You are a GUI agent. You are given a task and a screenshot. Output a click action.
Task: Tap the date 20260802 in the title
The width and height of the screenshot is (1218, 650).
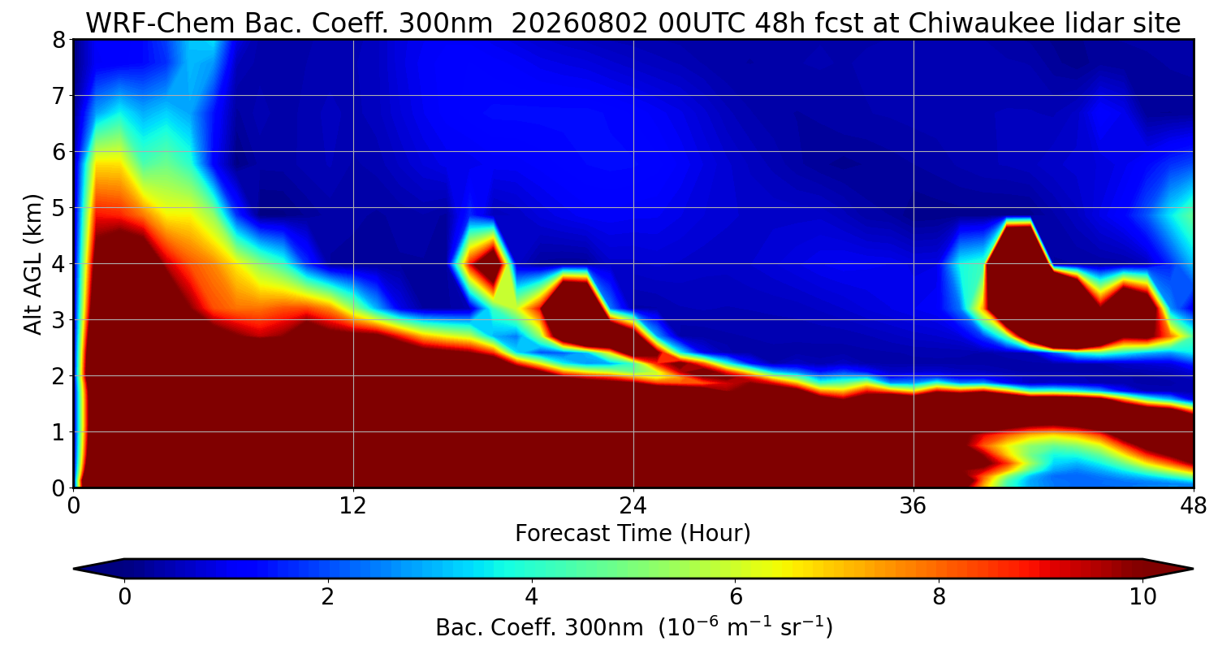pos(580,24)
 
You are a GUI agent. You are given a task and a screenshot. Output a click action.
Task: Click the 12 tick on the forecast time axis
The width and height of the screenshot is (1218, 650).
pos(353,506)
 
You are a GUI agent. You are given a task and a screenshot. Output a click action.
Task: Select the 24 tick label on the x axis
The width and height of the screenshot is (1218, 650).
pos(633,506)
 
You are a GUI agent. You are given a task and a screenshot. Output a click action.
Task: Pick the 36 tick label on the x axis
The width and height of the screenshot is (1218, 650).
pos(913,506)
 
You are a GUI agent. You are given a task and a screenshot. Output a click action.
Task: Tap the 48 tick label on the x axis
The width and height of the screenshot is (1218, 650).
pos(1193,506)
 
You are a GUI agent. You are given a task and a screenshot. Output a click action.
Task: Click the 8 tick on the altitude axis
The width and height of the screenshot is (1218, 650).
pos(58,40)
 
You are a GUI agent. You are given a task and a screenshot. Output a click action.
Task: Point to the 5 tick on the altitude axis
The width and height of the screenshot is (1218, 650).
pos(58,208)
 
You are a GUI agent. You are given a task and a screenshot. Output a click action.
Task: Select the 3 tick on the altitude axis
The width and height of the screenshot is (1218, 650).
pos(58,320)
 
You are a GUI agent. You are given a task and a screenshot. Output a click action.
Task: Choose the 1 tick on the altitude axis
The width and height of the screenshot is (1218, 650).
pos(58,432)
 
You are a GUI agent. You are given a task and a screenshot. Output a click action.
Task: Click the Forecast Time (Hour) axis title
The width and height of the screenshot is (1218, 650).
pos(633,533)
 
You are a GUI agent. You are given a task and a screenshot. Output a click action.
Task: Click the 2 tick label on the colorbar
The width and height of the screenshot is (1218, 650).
pos(327,596)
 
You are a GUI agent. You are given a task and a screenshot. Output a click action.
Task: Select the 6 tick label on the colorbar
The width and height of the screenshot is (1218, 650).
pos(735,596)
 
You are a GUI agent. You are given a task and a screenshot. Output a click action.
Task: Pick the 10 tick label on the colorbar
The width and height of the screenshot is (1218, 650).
pos(1142,596)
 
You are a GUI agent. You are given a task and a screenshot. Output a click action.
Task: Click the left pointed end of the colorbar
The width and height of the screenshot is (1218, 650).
pos(75,569)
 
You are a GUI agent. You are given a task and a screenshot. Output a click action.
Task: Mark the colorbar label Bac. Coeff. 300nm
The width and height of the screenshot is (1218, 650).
pos(539,628)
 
